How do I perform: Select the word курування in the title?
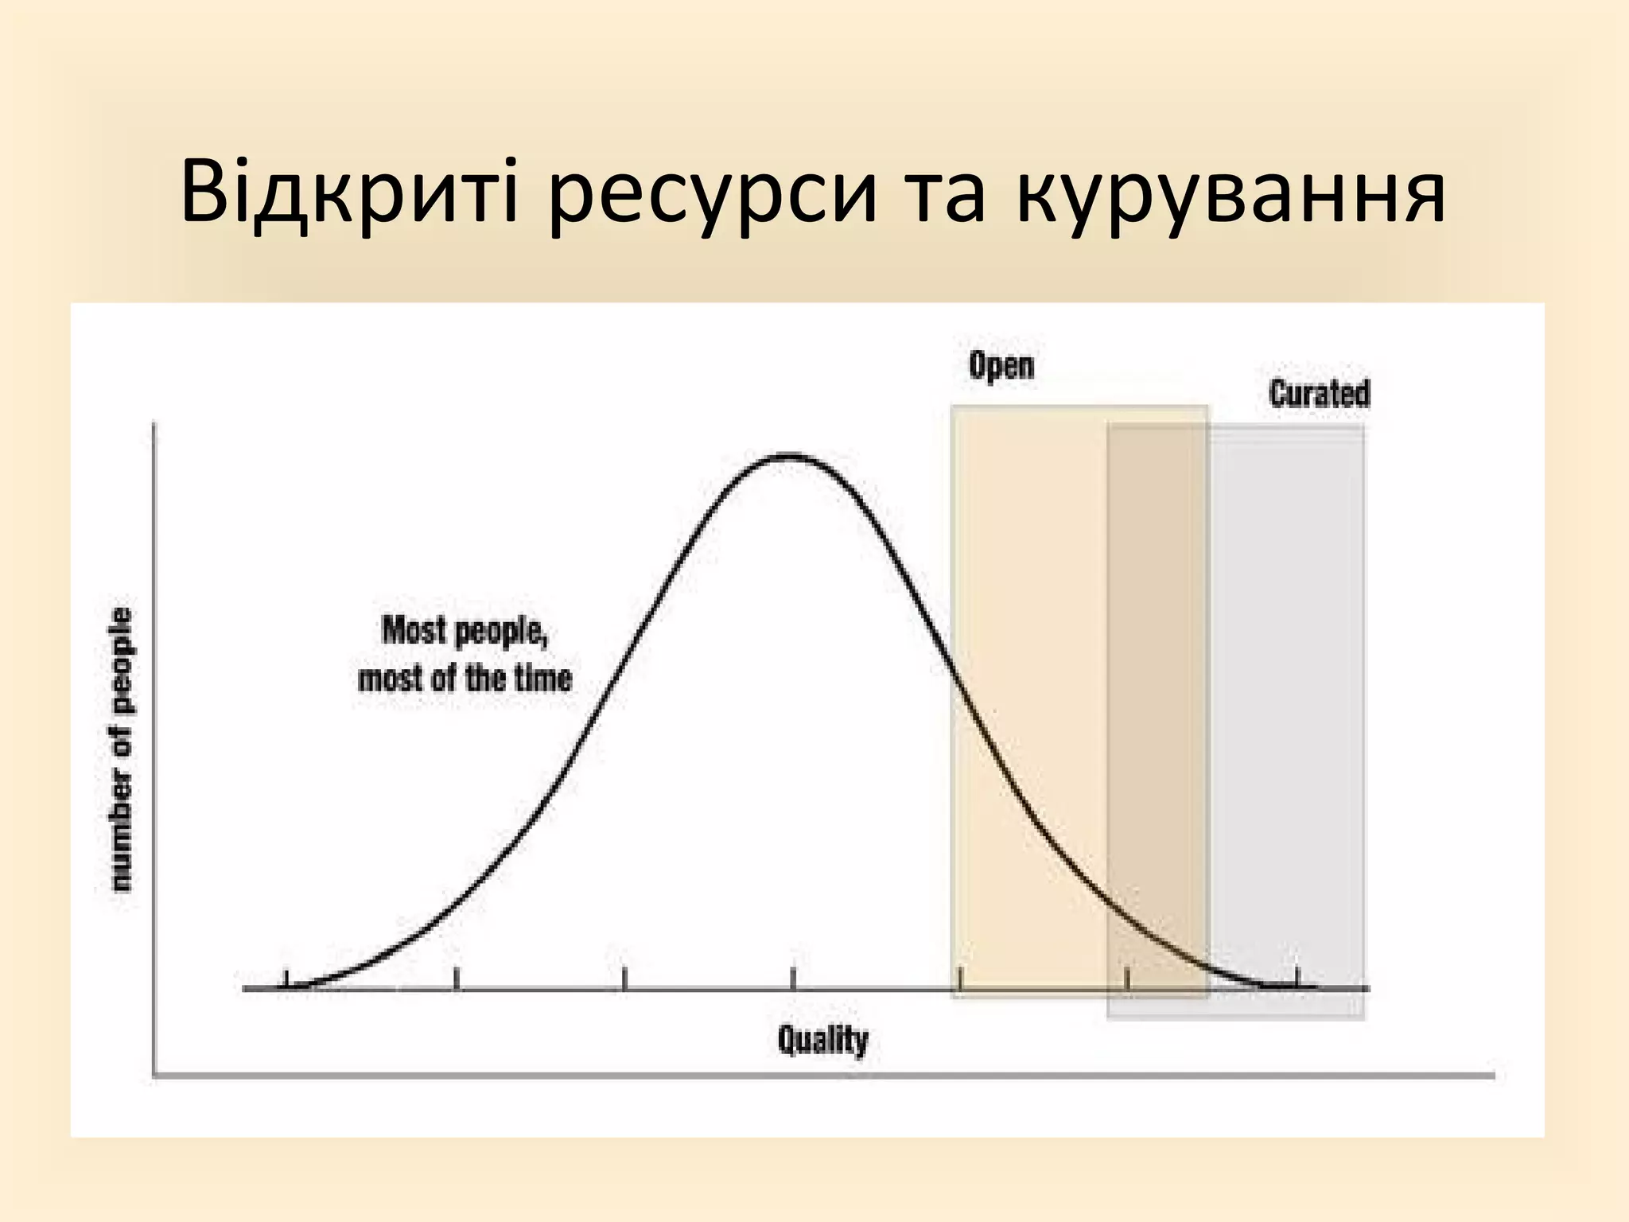coord(1230,193)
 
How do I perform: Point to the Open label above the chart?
coord(1001,366)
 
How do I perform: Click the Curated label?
coord(1320,394)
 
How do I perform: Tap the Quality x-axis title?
coord(822,1040)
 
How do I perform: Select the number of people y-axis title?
coord(121,749)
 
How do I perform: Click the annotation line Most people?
coord(465,631)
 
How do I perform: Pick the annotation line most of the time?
coord(465,679)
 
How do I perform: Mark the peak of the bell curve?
coord(790,457)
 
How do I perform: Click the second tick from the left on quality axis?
coord(456,979)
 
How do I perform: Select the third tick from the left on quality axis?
coord(624,979)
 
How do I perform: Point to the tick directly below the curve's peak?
coord(793,979)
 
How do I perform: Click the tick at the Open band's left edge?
coord(960,979)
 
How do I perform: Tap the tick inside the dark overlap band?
coord(1127,979)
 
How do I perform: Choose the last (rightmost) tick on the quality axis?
coord(1297,977)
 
